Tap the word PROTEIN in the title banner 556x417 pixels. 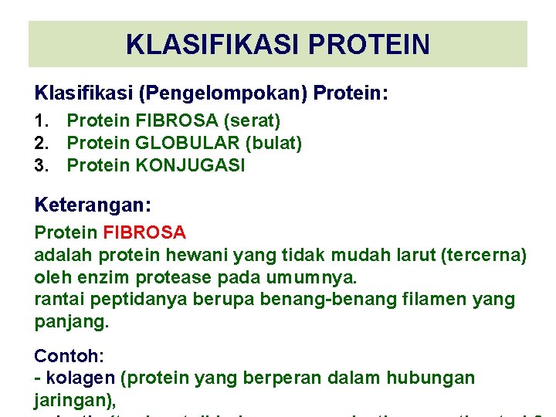click(368, 44)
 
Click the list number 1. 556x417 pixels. click(42, 121)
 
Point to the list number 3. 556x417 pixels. click(42, 165)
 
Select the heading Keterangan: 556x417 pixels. click(93, 205)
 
